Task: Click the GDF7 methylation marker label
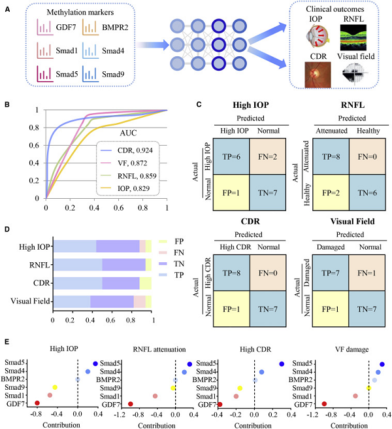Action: click(66, 27)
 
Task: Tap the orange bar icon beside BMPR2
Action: click(90, 27)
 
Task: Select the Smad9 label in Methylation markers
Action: click(113, 74)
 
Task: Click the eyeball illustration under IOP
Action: click(318, 36)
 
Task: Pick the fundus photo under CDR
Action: click(318, 75)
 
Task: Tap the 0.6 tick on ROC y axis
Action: click(34, 145)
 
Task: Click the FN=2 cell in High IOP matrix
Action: click(268, 156)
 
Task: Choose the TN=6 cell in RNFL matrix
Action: click(367, 193)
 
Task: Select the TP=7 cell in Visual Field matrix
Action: click(331, 273)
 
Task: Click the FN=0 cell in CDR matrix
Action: click(268, 273)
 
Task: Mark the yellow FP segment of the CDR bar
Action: click(146, 283)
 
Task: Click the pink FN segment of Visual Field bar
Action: click(139, 301)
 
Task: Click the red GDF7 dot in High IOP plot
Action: click(37, 403)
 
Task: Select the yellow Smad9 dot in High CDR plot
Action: click(240, 388)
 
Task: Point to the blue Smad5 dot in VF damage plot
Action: click(382, 364)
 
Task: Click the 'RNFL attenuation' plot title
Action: click(159, 349)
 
